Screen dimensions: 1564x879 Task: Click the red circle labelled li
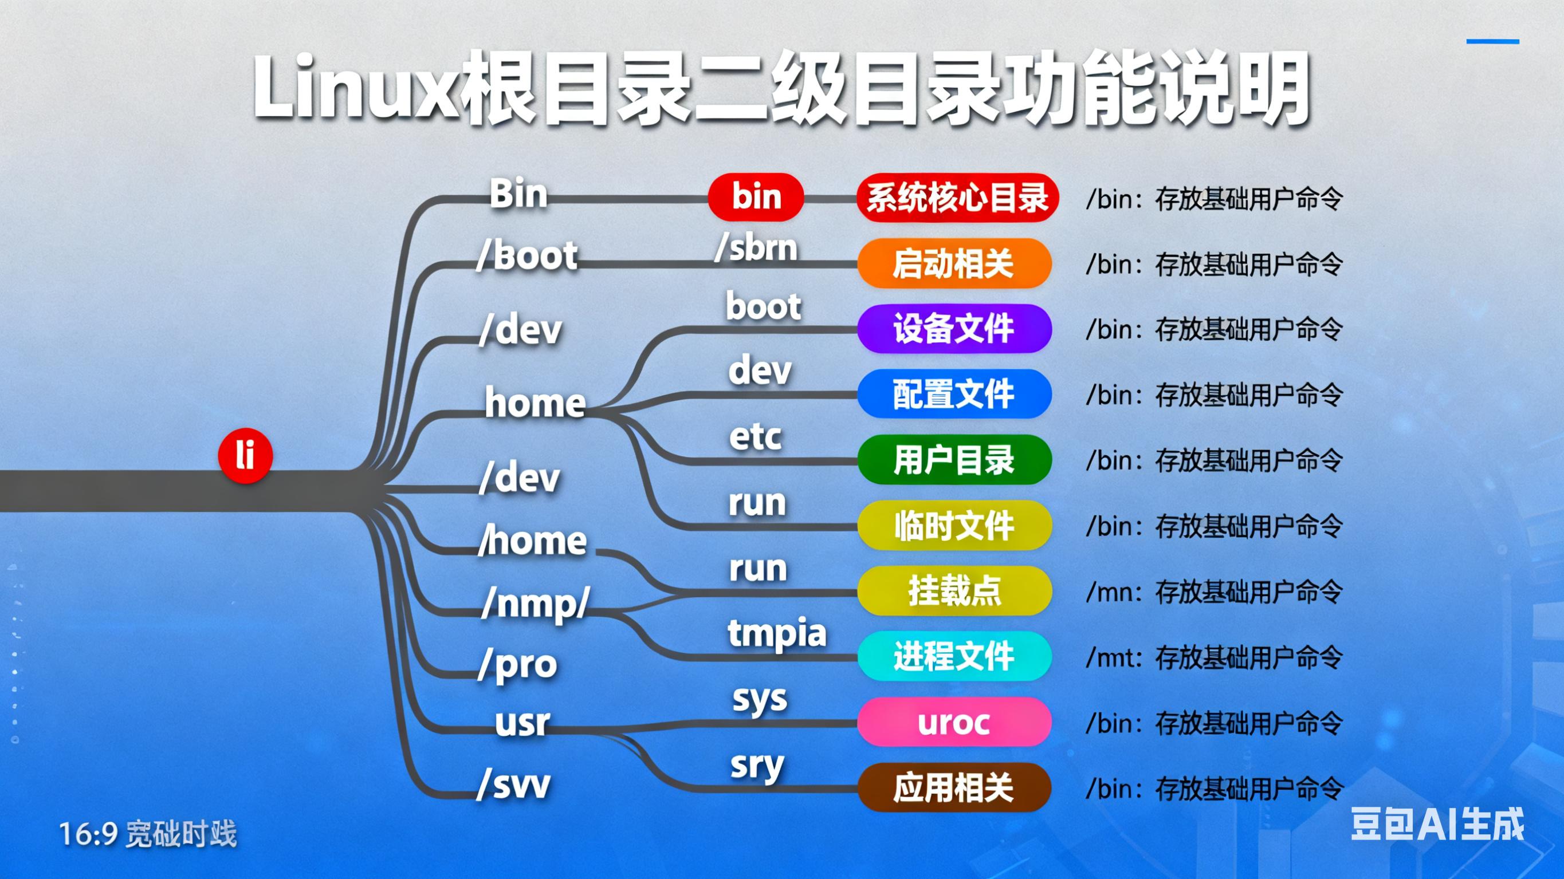[245, 456]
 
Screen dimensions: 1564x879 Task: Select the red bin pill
[756, 196]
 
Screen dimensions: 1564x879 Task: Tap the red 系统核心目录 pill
[957, 198]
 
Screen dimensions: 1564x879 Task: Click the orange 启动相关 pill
[954, 263]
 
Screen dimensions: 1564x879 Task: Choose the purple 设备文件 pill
[954, 329]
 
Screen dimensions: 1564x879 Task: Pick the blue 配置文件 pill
[954, 394]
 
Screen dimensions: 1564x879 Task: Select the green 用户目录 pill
[954, 459]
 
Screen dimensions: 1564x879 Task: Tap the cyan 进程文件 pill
[954, 656]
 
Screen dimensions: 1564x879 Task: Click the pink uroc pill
[954, 722]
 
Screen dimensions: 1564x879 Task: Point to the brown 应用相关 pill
[954, 788]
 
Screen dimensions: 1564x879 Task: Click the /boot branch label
[527, 255]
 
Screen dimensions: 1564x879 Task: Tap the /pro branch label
[517, 665]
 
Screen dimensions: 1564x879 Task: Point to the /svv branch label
[514, 785]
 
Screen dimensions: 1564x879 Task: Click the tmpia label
[776, 634]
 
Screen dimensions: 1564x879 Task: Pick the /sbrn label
[756, 248]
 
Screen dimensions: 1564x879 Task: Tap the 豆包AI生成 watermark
[1436, 825]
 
